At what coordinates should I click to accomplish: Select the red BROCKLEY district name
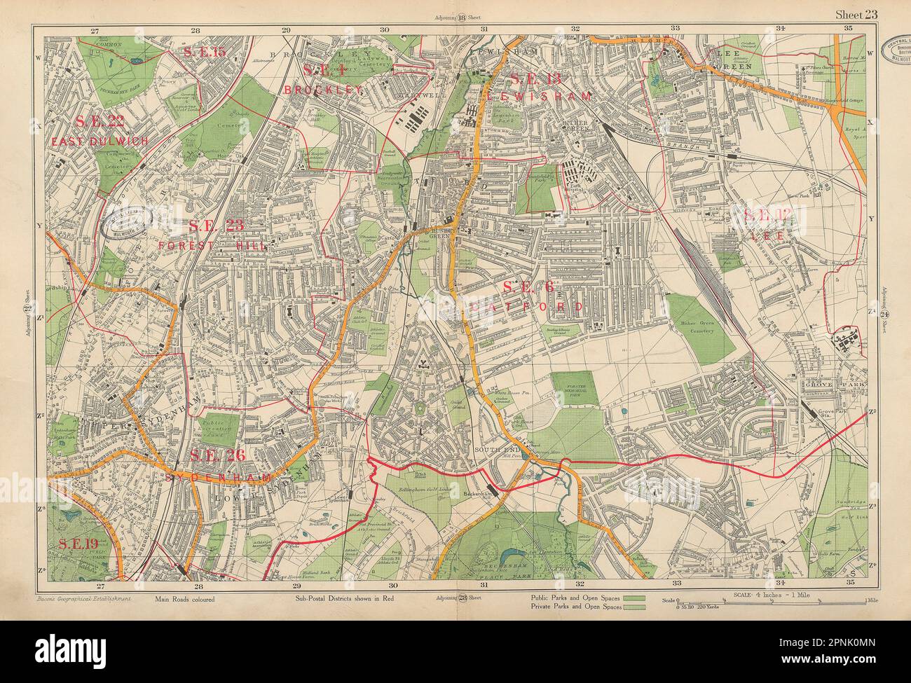(323, 90)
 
